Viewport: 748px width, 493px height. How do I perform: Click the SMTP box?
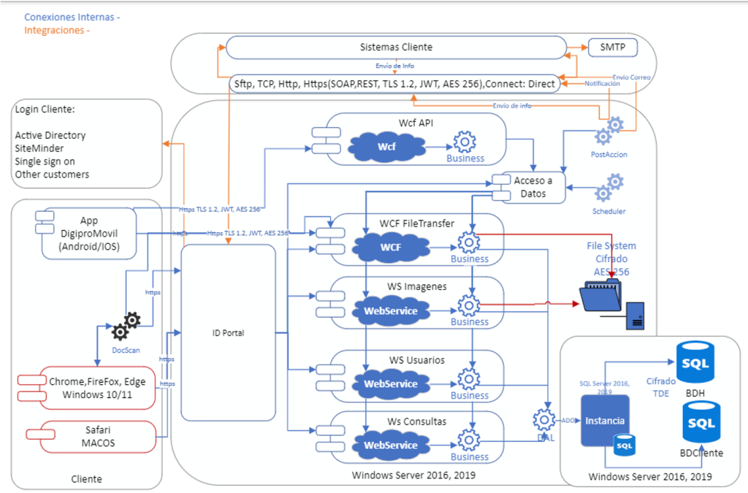pos(612,47)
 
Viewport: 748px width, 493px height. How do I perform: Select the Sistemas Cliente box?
pos(396,47)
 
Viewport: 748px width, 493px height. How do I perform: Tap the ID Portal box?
pos(229,333)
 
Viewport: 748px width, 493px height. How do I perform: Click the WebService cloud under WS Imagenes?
pos(391,310)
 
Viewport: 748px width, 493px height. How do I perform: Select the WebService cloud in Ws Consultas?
pos(391,445)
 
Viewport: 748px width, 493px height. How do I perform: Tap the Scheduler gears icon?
pos(608,188)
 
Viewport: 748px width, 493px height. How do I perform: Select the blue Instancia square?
pos(605,420)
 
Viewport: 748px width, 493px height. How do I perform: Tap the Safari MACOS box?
pos(99,436)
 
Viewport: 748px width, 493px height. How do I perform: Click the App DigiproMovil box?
pos(99,233)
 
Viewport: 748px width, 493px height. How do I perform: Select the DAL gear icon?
pos(544,420)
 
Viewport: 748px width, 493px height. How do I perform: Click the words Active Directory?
pos(50,135)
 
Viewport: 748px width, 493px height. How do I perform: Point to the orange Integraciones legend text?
pos(57,31)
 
